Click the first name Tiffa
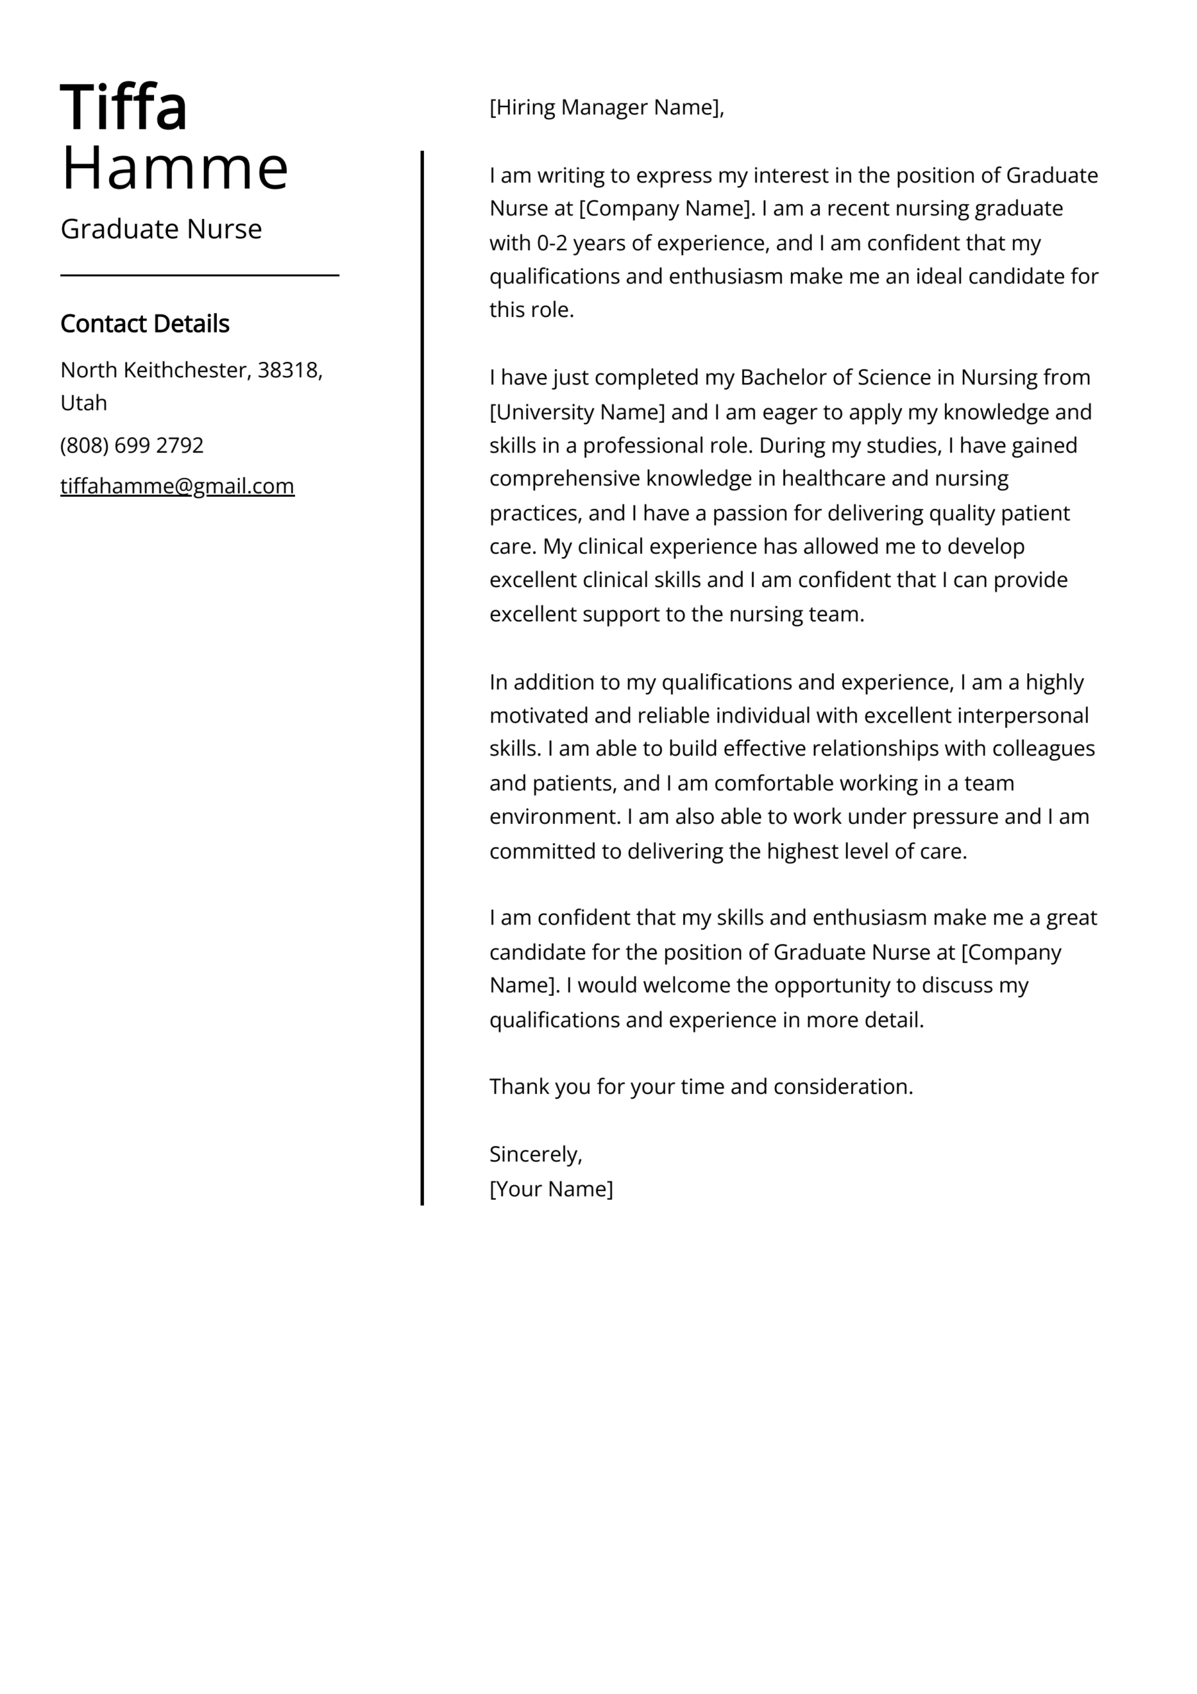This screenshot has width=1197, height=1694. [x=124, y=109]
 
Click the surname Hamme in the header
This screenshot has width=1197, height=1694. [x=174, y=169]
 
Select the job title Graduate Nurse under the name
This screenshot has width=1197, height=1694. [x=161, y=230]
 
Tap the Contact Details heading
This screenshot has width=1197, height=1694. [x=145, y=324]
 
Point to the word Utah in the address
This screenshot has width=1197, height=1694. [x=83, y=404]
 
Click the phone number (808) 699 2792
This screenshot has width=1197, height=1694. [x=132, y=445]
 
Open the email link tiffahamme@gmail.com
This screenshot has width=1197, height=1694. [x=177, y=486]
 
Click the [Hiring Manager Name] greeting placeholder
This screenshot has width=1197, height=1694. [x=606, y=108]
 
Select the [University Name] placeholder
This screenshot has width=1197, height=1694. [x=577, y=412]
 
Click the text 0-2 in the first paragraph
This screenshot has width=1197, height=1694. [x=552, y=244]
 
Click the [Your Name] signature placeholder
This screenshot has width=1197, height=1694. [x=551, y=1188]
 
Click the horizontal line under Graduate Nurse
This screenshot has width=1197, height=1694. [x=199, y=275]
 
